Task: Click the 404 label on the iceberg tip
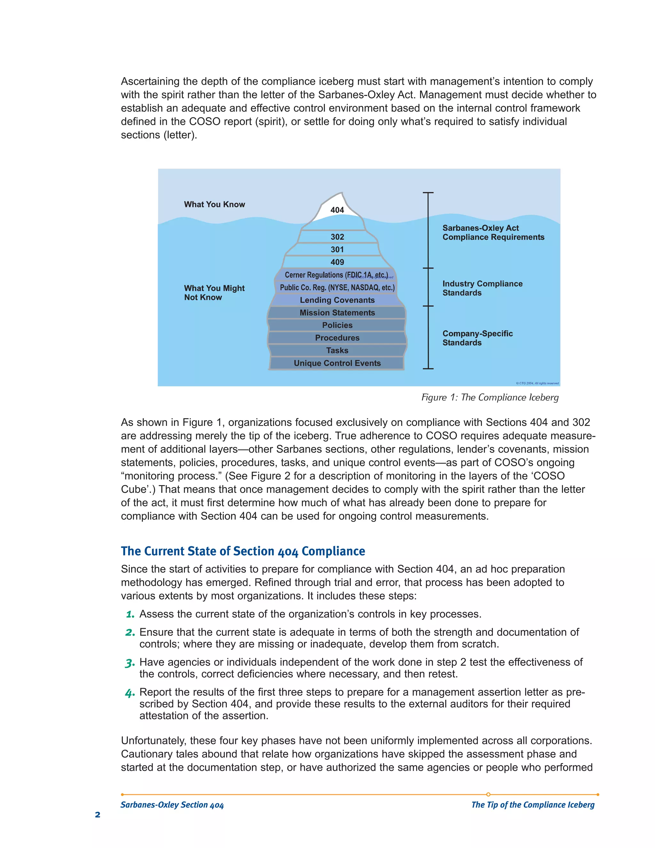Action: [337, 210]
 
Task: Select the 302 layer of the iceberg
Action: [337, 237]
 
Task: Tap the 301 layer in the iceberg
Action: [337, 250]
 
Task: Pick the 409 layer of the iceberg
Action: [337, 262]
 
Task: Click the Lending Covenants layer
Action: [337, 300]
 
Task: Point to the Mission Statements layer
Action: [337, 313]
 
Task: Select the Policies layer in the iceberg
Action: [337, 325]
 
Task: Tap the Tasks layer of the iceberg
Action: [337, 350]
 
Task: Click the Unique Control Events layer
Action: [337, 363]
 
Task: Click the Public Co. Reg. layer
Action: [337, 288]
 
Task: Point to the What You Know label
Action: [214, 204]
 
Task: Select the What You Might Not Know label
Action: [214, 293]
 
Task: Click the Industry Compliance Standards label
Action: [482, 288]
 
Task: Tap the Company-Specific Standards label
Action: [477, 338]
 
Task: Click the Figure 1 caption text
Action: [490, 397]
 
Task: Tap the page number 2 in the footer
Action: [98, 814]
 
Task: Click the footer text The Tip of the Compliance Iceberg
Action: [533, 804]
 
